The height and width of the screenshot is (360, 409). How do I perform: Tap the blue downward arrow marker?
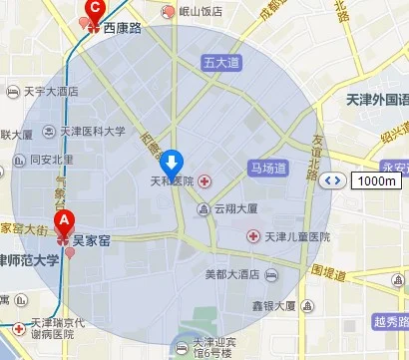tap(174, 162)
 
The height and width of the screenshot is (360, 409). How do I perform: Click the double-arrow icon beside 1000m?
tap(335, 180)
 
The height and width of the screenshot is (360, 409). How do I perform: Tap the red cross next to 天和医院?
tap(204, 180)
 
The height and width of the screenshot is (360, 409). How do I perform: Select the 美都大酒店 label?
tap(231, 273)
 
